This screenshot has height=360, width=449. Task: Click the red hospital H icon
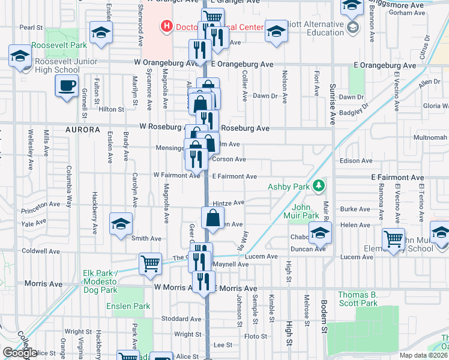[166, 26]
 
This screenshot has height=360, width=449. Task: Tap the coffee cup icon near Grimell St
[67, 85]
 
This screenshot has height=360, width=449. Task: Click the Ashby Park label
[291, 187]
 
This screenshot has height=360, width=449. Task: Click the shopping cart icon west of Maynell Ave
[150, 263]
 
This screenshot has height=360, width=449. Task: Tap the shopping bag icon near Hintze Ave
[213, 218]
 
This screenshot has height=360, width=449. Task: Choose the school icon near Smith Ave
[121, 224]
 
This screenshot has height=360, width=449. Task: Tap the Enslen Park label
[128, 306]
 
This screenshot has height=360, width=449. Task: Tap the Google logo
[20, 352]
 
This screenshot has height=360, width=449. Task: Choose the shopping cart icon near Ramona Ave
[393, 239]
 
